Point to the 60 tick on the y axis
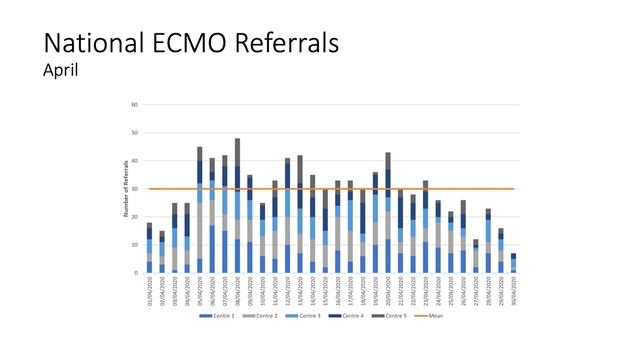(x=134, y=104)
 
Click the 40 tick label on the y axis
(x=134, y=160)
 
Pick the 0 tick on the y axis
(x=136, y=272)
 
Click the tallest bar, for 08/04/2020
(x=237, y=205)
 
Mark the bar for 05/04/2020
(x=200, y=210)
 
